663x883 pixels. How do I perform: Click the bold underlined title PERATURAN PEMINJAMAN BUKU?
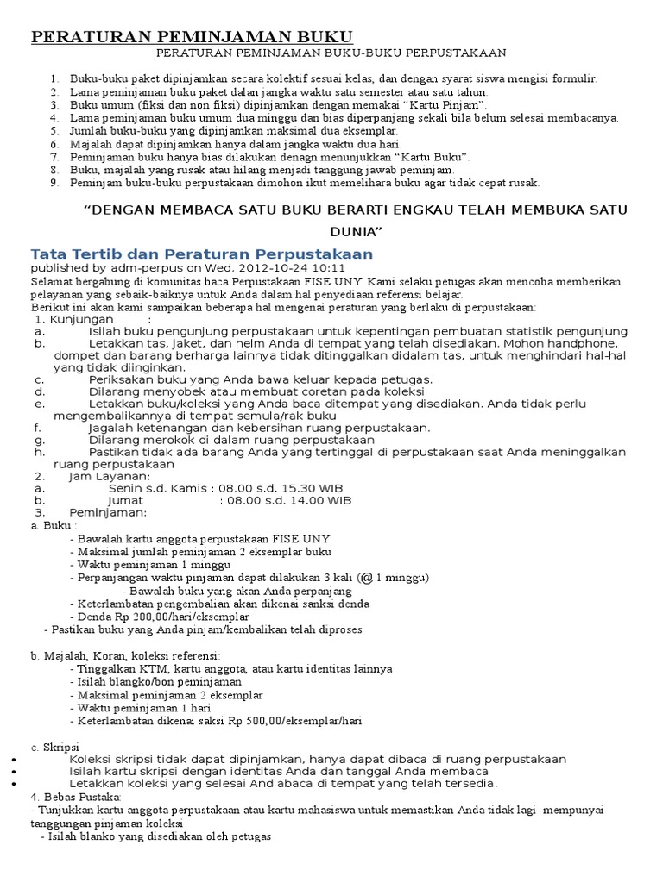pyautogui.click(x=192, y=37)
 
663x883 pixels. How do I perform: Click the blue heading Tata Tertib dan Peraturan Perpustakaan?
pyautogui.click(x=201, y=254)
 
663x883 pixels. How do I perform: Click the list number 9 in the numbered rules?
pyautogui.click(x=53, y=183)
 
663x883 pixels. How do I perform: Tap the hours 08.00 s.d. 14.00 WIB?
pyautogui.click(x=287, y=499)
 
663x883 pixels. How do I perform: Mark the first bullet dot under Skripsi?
pyautogui.click(x=9, y=759)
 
